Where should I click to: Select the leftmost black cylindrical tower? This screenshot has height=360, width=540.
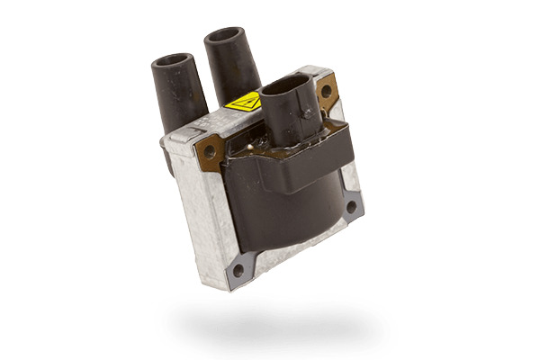point(179,90)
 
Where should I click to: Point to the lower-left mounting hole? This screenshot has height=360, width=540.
point(238,269)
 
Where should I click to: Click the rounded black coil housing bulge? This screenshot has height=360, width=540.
point(288,207)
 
